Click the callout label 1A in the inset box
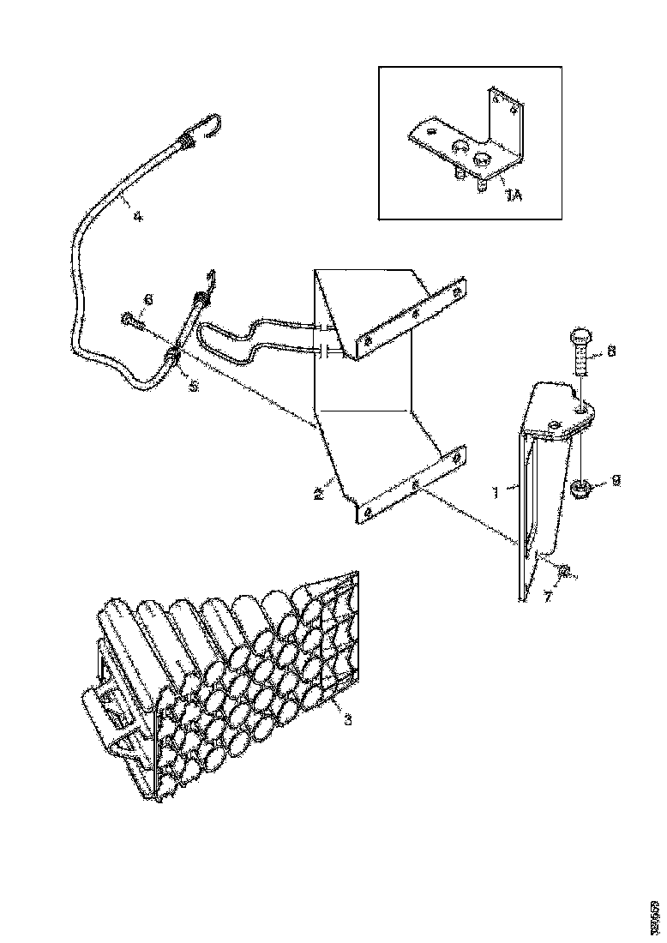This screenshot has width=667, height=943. (x=513, y=197)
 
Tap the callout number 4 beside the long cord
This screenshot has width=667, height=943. (x=137, y=216)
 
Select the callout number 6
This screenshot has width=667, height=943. (x=148, y=299)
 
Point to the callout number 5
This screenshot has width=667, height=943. (x=194, y=387)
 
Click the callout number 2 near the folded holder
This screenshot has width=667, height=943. (x=317, y=494)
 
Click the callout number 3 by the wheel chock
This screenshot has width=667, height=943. (x=347, y=718)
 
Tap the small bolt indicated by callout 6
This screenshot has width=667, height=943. (x=129, y=321)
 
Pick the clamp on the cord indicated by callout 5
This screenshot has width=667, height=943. (x=172, y=357)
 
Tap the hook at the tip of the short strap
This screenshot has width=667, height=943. (x=209, y=278)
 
